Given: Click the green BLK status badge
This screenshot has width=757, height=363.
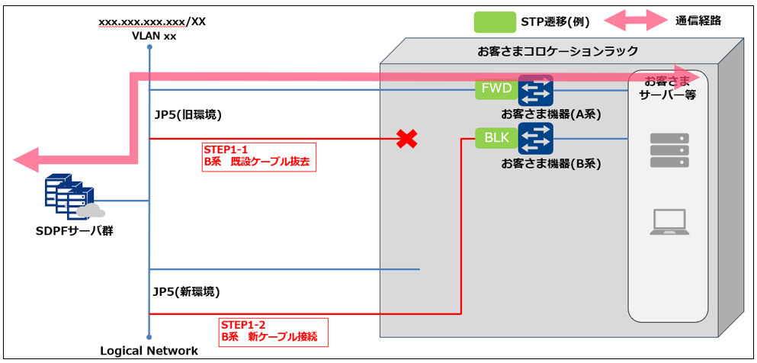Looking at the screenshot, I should coord(496,138).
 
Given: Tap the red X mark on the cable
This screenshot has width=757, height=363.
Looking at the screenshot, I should coord(409,139).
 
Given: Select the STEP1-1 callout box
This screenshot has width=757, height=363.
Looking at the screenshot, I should coord(258,156).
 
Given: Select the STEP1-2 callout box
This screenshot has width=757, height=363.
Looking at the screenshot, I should coord(273,330).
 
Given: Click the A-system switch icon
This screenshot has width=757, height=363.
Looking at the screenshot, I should coord(535,90).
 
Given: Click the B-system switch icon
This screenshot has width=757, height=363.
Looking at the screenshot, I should coord(535,138).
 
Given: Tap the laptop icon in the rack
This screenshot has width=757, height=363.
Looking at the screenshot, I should coord(669,221).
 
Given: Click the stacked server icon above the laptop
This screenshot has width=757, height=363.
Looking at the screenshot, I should coord(669,150).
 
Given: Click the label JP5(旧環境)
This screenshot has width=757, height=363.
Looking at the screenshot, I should coord(188,115).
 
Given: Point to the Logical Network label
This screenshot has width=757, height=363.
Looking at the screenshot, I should coord(149,351).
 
